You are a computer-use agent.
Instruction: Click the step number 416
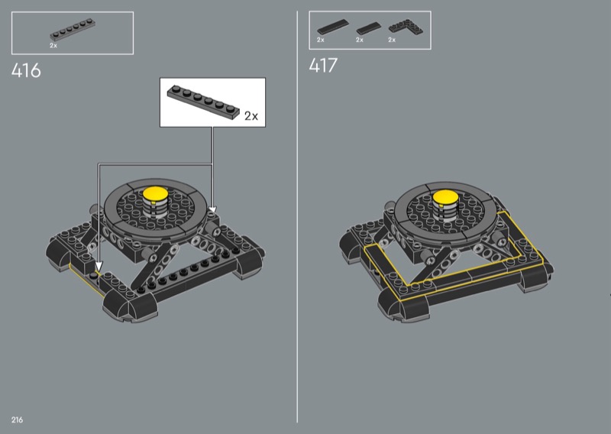(26, 70)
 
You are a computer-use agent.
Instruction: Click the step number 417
(323, 65)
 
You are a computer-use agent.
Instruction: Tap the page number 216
(17, 419)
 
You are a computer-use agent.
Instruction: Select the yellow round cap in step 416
(155, 193)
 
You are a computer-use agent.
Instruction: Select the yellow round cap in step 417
(445, 197)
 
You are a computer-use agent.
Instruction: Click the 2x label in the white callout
(251, 116)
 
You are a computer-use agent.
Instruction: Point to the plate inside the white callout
(203, 102)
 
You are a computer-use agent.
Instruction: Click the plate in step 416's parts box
(73, 30)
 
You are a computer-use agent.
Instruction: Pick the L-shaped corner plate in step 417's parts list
(406, 28)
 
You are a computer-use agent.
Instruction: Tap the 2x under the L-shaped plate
(392, 40)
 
